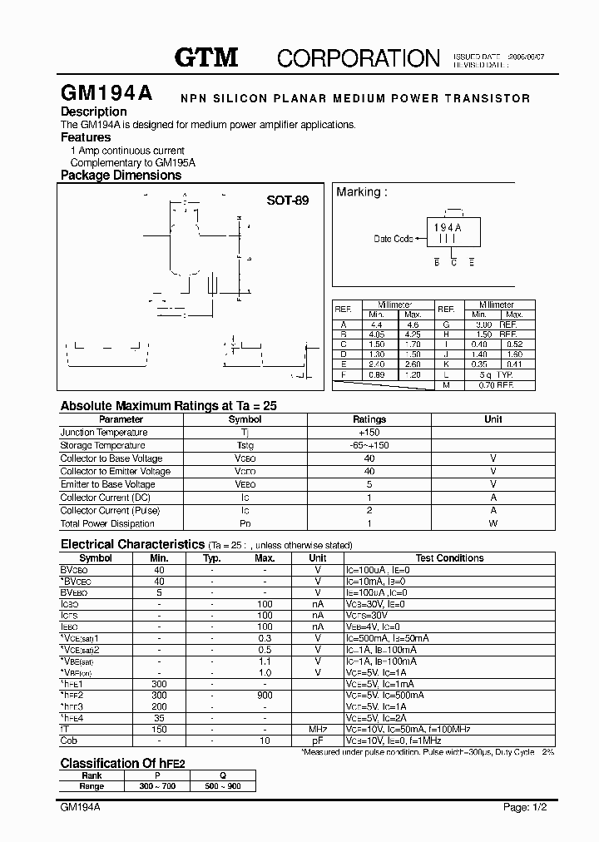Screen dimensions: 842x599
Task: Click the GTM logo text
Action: coord(206,57)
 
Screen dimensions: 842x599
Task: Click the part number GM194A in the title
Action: coord(106,94)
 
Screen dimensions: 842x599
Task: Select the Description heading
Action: coord(94,111)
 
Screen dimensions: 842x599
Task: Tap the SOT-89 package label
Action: coord(287,201)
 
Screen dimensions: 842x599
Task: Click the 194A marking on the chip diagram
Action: coord(448,227)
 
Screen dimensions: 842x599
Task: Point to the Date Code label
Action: coord(393,239)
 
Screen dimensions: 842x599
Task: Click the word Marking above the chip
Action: coord(359,192)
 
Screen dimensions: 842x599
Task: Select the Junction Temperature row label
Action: coord(104,433)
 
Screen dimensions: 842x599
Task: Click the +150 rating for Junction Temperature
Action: coord(369,433)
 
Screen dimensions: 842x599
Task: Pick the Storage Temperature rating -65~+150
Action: coord(369,445)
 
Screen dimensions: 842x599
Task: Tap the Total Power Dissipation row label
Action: coord(107,523)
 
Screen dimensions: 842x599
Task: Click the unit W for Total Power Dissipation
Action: coord(493,523)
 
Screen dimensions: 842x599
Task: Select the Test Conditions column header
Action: coord(449,558)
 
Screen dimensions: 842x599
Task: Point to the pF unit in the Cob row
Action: coord(318,740)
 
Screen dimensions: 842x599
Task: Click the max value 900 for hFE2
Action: coord(265,695)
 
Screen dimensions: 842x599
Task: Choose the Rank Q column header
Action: coord(223,775)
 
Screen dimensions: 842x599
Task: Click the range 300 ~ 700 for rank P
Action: coord(158,786)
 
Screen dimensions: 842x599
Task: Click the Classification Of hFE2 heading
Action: coord(122,763)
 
